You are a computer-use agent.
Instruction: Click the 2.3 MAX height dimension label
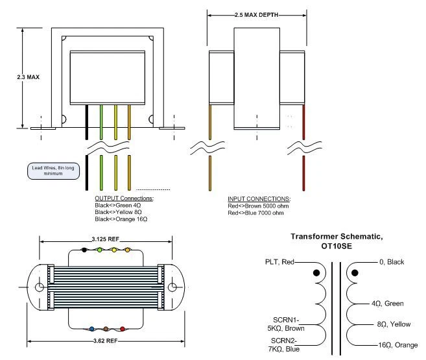tap(29, 77)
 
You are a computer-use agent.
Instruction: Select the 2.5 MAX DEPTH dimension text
tap(257, 15)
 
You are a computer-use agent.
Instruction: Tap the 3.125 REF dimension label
tap(106, 239)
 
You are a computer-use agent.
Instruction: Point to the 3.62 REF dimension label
tap(106, 341)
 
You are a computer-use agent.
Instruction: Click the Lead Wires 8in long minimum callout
tap(53, 171)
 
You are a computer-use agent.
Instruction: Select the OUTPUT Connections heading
tap(124, 198)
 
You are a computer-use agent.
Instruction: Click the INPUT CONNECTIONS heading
tap(259, 199)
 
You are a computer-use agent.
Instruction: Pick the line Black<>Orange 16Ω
tap(121, 219)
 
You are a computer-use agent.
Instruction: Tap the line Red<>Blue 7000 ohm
tap(255, 213)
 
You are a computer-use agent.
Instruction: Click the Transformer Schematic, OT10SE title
tap(337, 241)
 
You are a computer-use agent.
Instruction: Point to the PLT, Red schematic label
tap(279, 262)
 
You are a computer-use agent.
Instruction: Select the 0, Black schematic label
tap(392, 262)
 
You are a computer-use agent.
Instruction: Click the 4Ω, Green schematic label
tap(388, 304)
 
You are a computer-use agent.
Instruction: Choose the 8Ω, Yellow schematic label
tap(394, 324)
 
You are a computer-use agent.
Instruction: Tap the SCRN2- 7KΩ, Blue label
tap(284, 345)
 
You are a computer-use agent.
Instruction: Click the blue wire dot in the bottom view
tap(91, 329)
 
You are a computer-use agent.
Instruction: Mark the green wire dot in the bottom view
tap(99, 250)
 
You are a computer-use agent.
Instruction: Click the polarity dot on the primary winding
tap(316, 273)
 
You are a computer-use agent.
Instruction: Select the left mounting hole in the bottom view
tap(40, 287)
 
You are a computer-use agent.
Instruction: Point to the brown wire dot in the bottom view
tap(106, 329)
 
